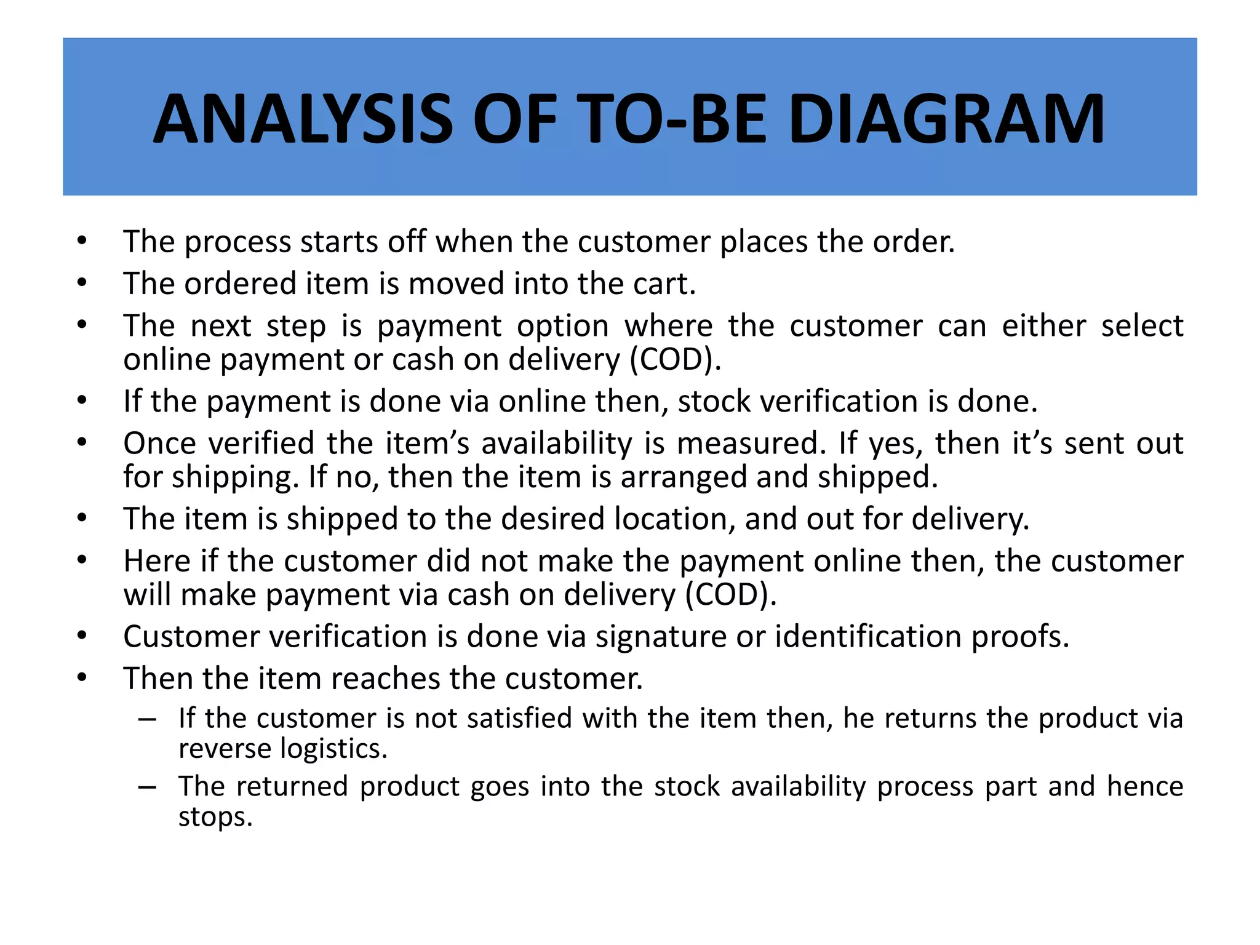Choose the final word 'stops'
[215, 817]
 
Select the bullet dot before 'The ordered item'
[82, 284]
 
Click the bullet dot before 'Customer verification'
[82, 636]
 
